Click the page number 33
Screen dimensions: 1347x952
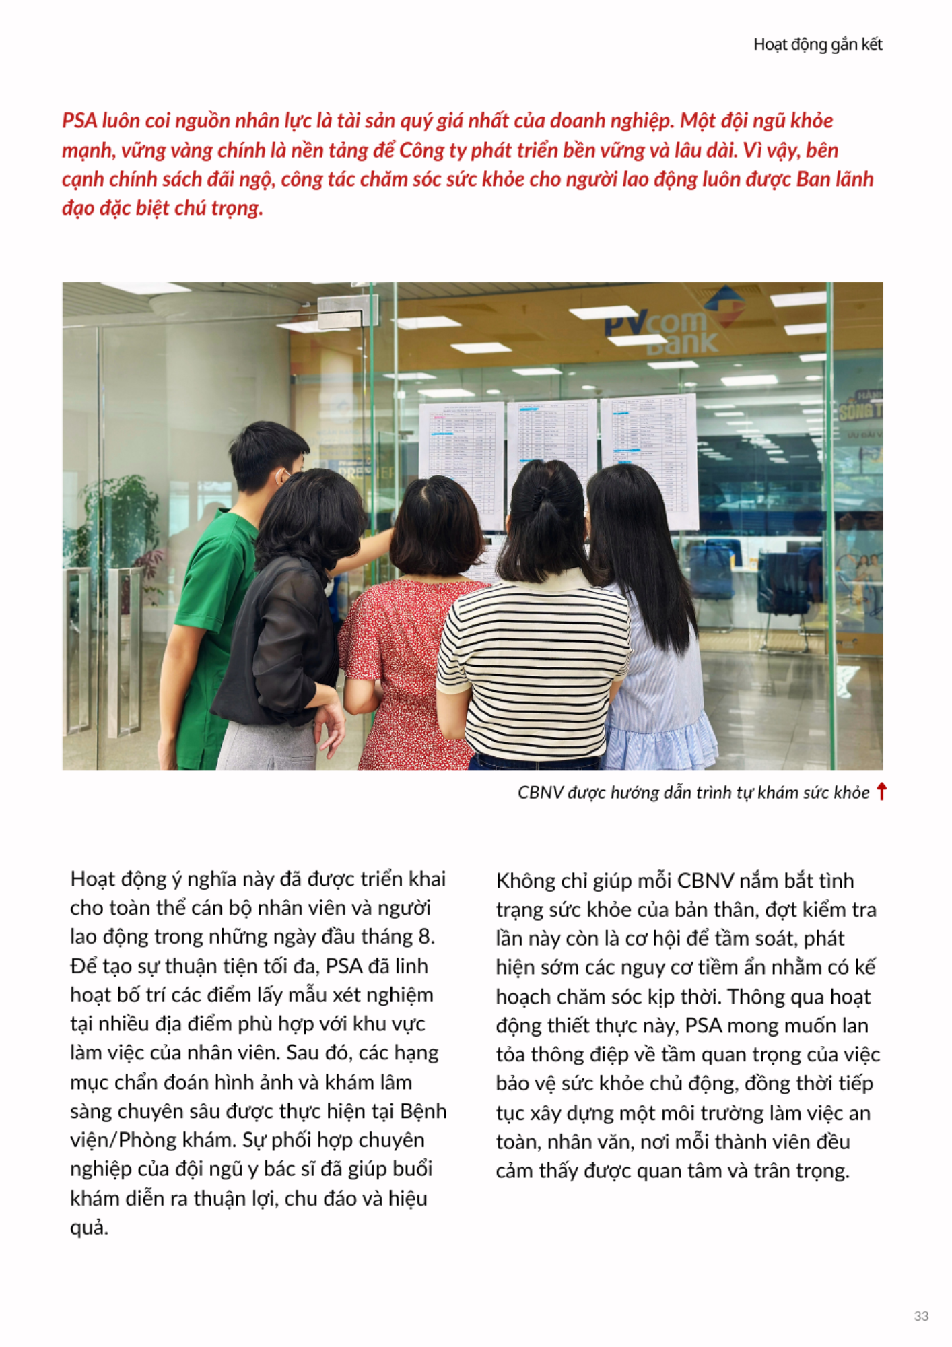(921, 1315)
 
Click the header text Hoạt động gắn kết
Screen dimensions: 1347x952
(817, 44)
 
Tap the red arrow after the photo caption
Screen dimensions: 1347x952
(881, 791)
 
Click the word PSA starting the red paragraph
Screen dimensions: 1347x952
(79, 121)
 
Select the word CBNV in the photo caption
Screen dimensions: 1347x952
(541, 793)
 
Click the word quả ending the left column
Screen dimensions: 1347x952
(88, 1228)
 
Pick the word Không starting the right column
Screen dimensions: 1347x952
(524, 881)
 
